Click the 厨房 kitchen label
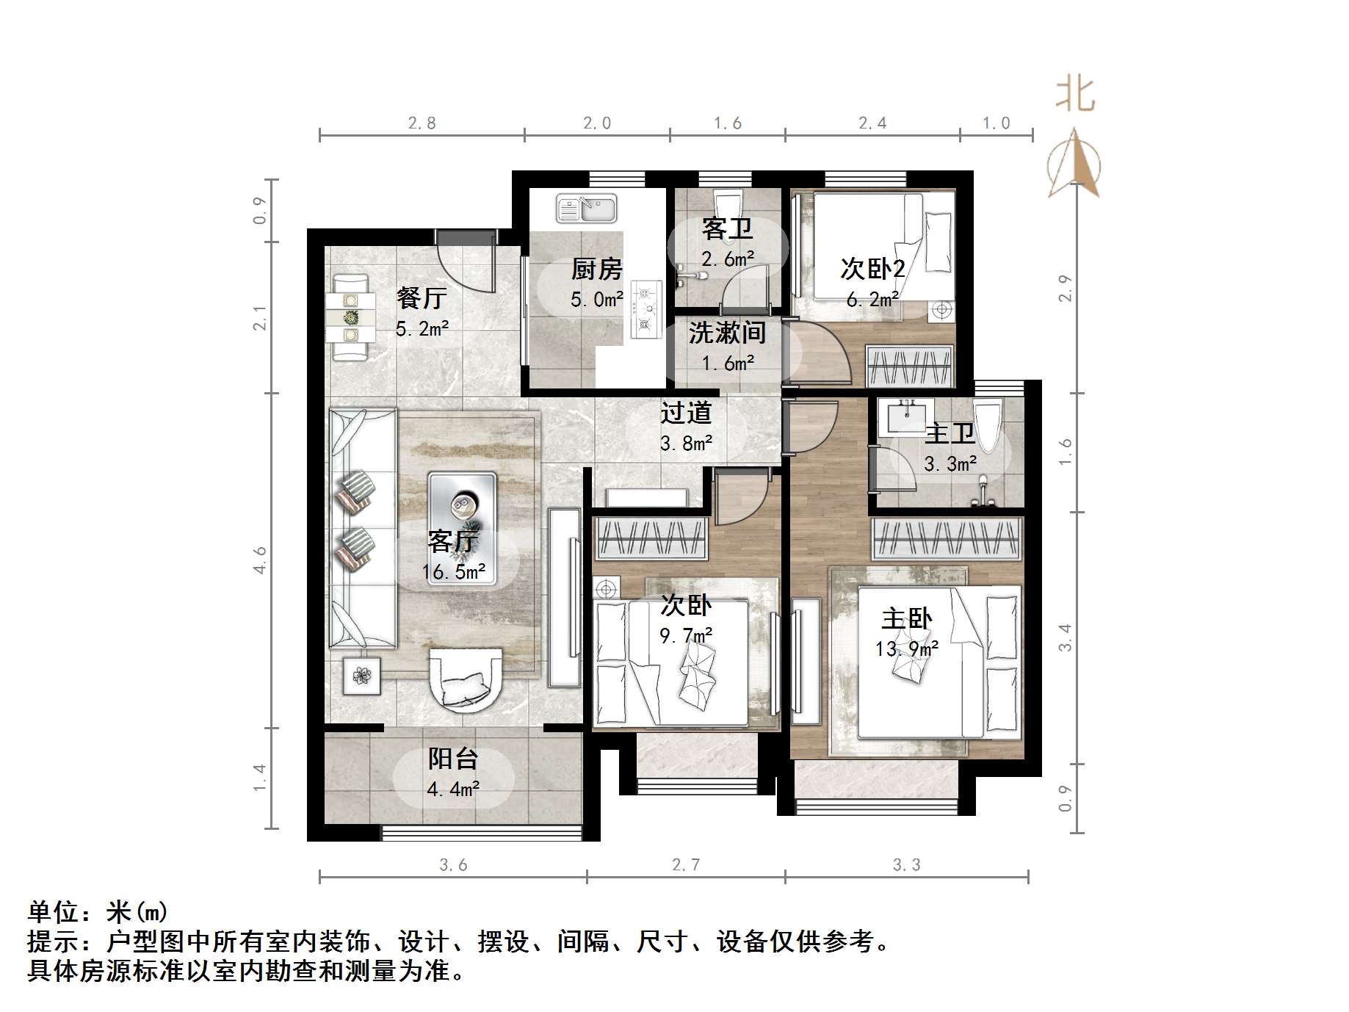click(x=596, y=270)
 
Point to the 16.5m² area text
click(x=454, y=572)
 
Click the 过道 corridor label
click(x=685, y=413)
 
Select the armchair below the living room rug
click(x=466, y=679)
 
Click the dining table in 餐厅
click(x=351, y=318)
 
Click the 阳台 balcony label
click(x=453, y=758)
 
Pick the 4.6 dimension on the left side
click(x=260, y=560)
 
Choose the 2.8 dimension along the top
click(x=422, y=123)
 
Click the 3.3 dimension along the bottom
click(x=906, y=865)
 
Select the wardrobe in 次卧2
click(x=910, y=365)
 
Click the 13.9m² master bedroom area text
click(x=907, y=649)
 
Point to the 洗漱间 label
click(x=727, y=333)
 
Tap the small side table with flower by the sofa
click(x=362, y=675)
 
